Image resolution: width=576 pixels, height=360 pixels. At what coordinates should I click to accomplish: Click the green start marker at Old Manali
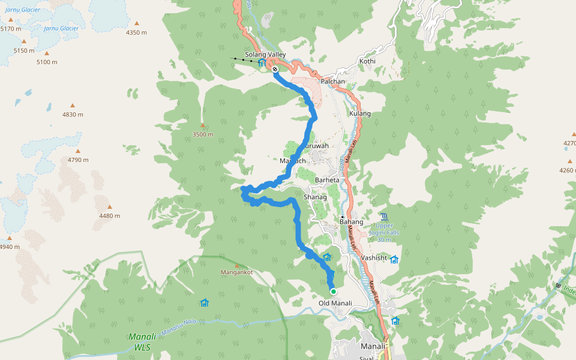click(333, 292)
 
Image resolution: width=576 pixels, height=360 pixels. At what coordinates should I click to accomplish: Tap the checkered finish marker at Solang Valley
click(275, 69)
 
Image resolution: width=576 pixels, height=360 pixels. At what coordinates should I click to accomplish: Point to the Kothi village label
click(367, 62)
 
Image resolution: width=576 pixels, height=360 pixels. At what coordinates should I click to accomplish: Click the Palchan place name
click(333, 81)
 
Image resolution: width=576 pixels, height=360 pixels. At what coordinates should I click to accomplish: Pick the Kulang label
click(360, 113)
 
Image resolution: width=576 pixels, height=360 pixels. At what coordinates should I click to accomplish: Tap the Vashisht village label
click(374, 257)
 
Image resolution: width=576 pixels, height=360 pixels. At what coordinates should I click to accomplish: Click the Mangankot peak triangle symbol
click(237, 265)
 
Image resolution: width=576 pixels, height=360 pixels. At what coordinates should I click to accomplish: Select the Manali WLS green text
click(142, 341)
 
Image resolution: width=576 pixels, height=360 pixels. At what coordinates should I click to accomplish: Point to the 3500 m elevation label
click(203, 134)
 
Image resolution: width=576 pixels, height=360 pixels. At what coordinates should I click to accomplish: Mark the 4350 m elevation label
click(136, 32)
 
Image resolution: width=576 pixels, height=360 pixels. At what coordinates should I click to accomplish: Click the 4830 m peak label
click(73, 115)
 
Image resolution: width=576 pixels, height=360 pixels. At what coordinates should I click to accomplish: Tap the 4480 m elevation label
click(109, 216)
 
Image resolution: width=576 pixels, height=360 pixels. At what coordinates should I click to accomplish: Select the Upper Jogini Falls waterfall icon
click(384, 217)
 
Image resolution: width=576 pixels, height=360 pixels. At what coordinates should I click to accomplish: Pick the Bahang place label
click(351, 222)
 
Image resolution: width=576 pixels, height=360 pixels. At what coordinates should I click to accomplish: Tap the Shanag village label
click(315, 197)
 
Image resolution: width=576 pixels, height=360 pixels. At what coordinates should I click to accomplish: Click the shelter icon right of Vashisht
click(394, 259)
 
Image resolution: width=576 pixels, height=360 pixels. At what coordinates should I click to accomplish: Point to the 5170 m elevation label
click(11, 29)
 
